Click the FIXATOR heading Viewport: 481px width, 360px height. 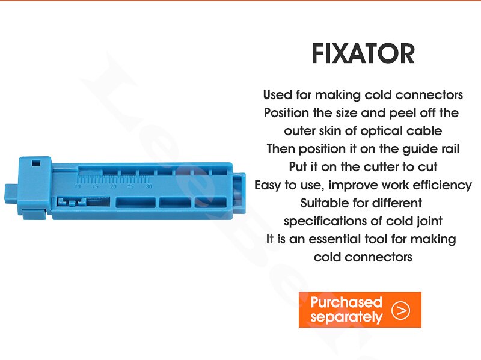363,53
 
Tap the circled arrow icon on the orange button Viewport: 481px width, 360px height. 400,310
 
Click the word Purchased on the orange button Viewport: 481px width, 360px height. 346,302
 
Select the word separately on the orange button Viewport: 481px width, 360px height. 346,317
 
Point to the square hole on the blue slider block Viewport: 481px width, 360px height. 36,162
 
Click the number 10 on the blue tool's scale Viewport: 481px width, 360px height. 78,186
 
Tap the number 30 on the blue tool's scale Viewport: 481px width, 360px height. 149,186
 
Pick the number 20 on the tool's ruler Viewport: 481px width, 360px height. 113,186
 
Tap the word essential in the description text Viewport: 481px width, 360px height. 335,239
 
